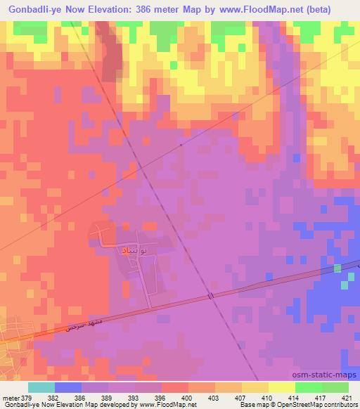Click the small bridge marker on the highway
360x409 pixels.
tap(210, 297)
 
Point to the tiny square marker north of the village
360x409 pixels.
tap(181, 145)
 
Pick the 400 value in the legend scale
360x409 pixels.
tap(186, 398)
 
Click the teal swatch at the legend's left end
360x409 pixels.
tap(41, 387)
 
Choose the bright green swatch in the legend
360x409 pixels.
tap(309, 387)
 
